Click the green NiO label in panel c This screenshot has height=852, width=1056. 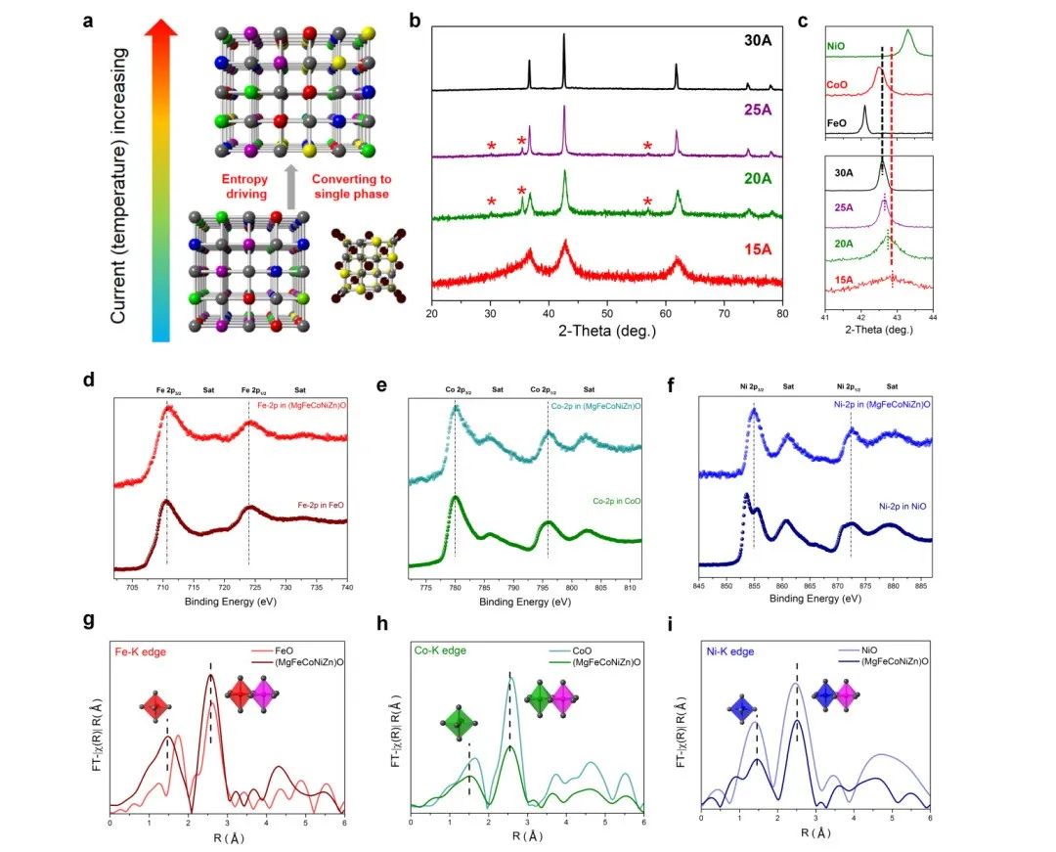click(x=836, y=46)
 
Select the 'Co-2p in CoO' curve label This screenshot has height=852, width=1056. click(x=618, y=501)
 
